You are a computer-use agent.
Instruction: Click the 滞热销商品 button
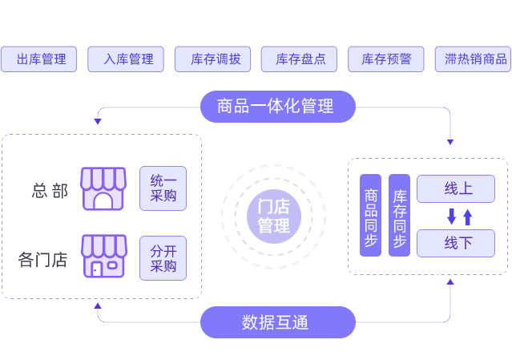point(474,59)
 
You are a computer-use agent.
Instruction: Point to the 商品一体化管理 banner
point(276,105)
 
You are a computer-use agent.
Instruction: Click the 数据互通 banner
point(276,322)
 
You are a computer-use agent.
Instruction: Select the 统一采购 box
point(163,188)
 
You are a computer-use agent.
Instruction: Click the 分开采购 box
point(163,257)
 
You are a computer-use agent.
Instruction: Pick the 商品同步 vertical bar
point(371,215)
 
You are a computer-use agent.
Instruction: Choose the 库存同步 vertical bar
point(399,215)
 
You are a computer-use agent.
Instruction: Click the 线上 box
point(456,189)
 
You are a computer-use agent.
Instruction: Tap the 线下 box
point(456,243)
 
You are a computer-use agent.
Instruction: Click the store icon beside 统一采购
point(103,188)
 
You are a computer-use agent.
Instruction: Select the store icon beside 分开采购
point(103,257)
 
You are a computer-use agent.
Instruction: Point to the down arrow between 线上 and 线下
point(451,216)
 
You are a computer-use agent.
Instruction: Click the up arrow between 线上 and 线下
point(468,216)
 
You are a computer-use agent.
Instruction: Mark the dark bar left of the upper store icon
point(49,190)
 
